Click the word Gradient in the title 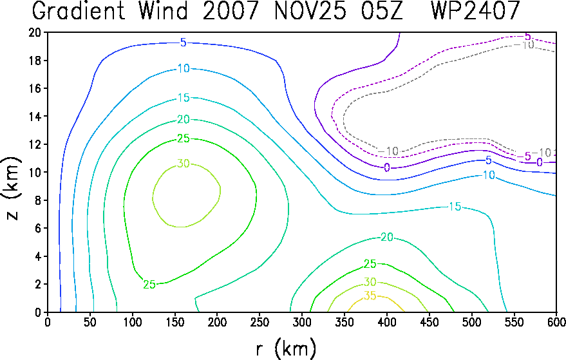(x=79, y=10)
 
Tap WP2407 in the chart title (x=475, y=10)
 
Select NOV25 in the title (x=310, y=10)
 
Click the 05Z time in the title (x=382, y=10)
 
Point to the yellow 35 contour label (x=370, y=296)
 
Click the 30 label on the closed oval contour (x=184, y=164)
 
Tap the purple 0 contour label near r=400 (x=387, y=167)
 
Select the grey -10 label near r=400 (x=388, y=151)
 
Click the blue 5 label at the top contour (x=184, y=43)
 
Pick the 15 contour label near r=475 (x=455, y=207)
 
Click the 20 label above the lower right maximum (x=387, y=237)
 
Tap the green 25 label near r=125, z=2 (x=149, y=285)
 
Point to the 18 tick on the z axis (x=34, y=61)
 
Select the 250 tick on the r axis (x=259, y=322)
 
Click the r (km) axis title (x=286, y=349)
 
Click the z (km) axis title (x=12, y=188)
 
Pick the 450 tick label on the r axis (x=429, y=322)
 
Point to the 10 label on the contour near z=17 (x=184, y=68)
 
